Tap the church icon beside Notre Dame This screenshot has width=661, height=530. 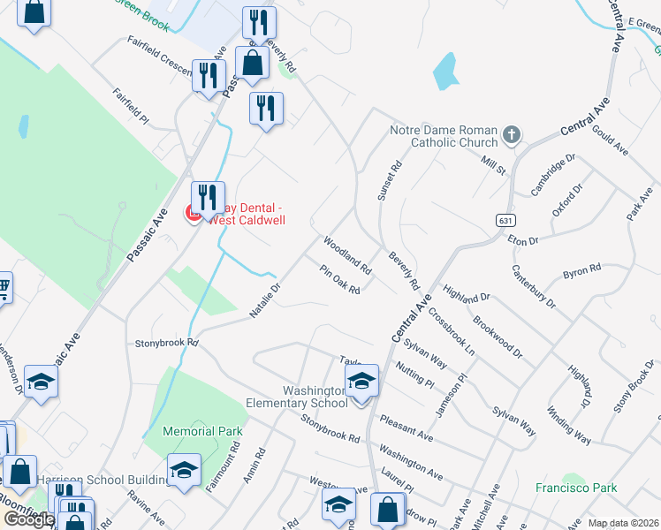(x=511, y=135)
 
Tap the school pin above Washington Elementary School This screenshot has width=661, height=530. (x=361, y=382)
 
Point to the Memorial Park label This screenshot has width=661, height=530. (x=203, y=431)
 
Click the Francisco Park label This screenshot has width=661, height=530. (x=575, y=487)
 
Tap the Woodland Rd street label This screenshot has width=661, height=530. (x=347, y=254)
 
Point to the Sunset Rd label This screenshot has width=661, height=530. (x=390, y=180)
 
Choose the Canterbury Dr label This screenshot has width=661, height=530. (x=534, y=286)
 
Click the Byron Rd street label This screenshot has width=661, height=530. (x=582, y=271)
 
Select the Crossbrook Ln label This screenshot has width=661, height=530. (x=451, y=330)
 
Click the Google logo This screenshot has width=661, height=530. (x=29, y=519)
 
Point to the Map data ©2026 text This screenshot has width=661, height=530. (x=623, y=523)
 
